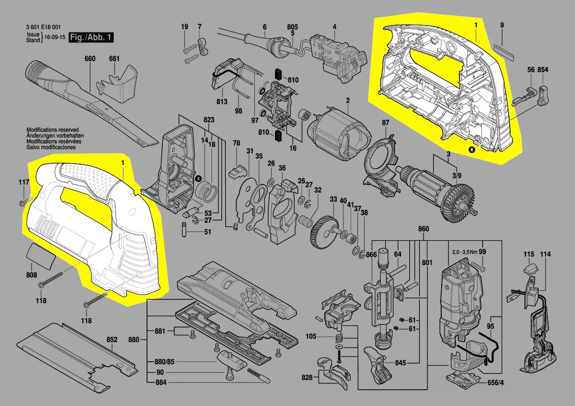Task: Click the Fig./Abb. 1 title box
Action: [91, 37]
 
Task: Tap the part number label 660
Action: [90, 58]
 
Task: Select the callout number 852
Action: [112, 340]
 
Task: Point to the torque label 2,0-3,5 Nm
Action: [465, 252]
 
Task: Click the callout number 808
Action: [31, 275]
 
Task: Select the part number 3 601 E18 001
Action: [44, 27]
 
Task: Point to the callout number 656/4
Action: [495, 382]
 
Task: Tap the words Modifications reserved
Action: [53, 130]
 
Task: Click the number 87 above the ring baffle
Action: [386, 123]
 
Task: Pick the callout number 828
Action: [307, 377]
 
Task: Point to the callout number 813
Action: [222, 101]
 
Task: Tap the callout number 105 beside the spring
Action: [310, 336]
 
